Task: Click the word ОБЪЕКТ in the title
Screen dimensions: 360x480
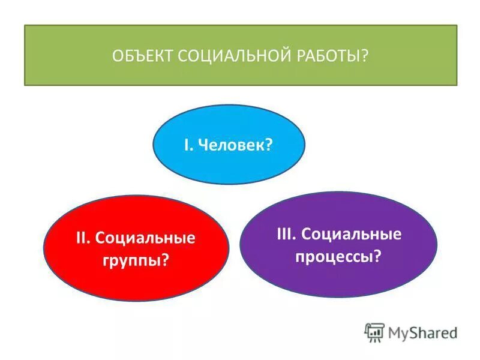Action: tap(143, 56)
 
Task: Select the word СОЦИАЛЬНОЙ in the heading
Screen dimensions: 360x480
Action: tap(227, 56)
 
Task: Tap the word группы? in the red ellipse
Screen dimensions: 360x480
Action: tap(137, 261)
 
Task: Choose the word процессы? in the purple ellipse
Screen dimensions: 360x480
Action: tap(337, 256)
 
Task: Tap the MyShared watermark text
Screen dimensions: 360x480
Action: tap(422, 332)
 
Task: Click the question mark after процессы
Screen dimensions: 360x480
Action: tap(378, 256)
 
